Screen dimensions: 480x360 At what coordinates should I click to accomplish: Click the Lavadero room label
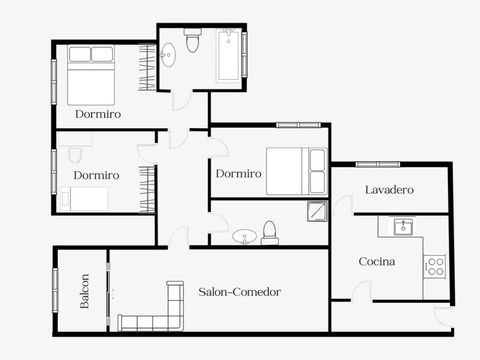point(389,190)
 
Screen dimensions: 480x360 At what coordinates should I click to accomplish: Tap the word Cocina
point(376,262)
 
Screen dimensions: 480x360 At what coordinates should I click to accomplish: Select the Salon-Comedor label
point(240,292)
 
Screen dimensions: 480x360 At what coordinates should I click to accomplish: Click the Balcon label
point(84,291)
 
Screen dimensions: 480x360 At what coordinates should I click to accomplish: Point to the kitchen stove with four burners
point(435,266)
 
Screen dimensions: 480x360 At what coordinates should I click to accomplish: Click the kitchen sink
point(403,227)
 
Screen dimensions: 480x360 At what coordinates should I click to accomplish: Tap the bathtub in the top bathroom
point(229,56)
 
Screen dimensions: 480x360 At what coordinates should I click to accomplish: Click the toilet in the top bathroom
point(193,40)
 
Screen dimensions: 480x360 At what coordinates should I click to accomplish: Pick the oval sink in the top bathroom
point(168,55)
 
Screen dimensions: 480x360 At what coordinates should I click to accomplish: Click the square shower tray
point(317,211)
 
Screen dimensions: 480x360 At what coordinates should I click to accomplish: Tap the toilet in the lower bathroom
point(270,233)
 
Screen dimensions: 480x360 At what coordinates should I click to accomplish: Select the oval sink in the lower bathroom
point(245,237)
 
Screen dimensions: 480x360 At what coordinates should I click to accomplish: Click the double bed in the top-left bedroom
point(91,75)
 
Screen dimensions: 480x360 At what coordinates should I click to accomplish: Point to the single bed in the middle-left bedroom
point(84,199)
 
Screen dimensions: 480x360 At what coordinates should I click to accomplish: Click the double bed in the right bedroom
point(297,172)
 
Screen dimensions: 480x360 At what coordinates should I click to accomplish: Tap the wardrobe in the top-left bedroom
point(147,67)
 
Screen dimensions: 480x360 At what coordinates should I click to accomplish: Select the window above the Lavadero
point(378,165)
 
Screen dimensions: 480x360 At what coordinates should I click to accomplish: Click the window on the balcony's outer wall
point(55,290)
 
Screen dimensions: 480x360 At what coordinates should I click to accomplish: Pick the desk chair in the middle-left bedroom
point(75,156)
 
